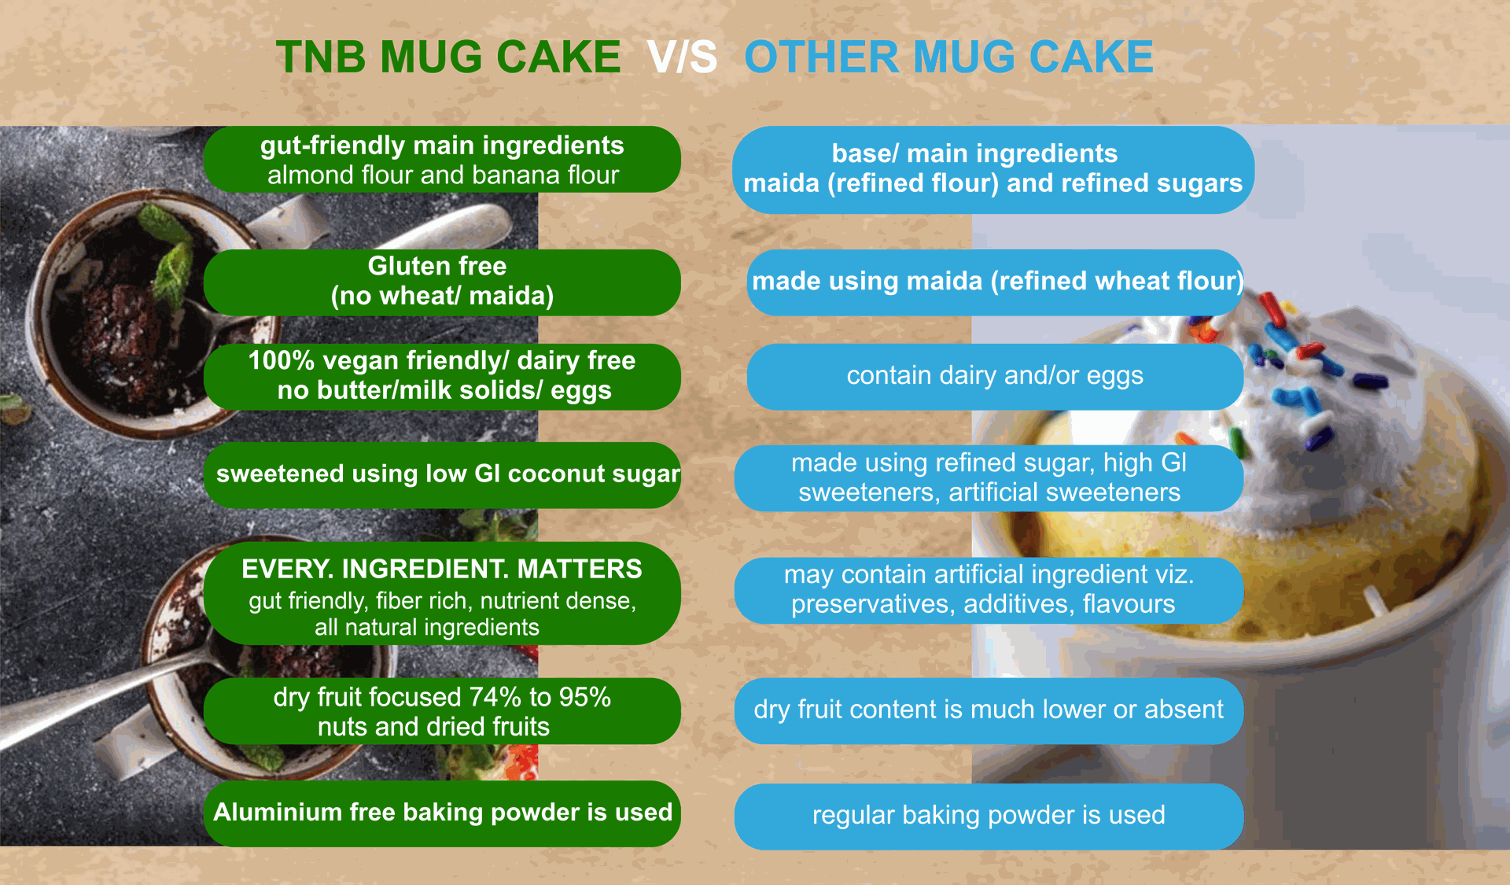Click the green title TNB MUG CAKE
(x=448, y=57)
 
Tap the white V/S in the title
(x=682, y=57)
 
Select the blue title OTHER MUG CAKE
(x=948, y=57)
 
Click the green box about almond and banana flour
(x=442, y=160)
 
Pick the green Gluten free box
(x=442, y=282)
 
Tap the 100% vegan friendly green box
(x=442, y=377)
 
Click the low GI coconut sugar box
(x=442, y=475)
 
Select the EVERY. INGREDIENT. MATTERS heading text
(x=442, y=569)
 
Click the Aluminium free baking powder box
(x=442, y=813)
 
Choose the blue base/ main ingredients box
(x=993, y=170)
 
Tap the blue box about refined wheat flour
(x=996, y=282)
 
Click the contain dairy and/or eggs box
(x=995, y=377)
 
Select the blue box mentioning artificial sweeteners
(x=989, y=478)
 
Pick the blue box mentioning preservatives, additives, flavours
(x=989, y=591)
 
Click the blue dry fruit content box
(x=989, y=711)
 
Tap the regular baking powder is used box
(x=989, y=817)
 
